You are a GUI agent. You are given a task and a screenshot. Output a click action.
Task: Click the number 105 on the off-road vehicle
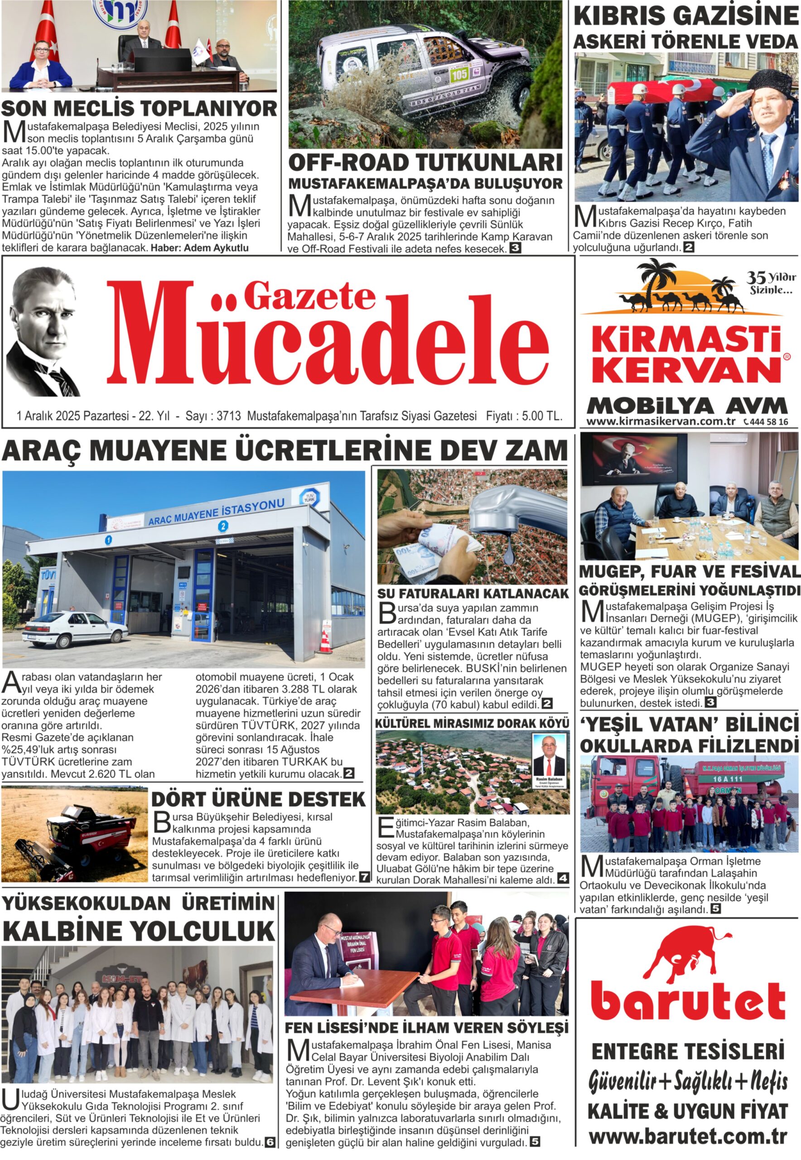459,74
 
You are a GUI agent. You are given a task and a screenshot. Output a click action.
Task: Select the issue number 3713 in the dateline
229,416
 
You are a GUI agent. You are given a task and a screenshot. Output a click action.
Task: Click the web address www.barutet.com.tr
688,1136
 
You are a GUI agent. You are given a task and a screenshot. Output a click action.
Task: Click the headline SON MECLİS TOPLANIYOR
139,108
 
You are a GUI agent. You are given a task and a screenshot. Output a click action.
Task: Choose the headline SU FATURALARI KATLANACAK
473,593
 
